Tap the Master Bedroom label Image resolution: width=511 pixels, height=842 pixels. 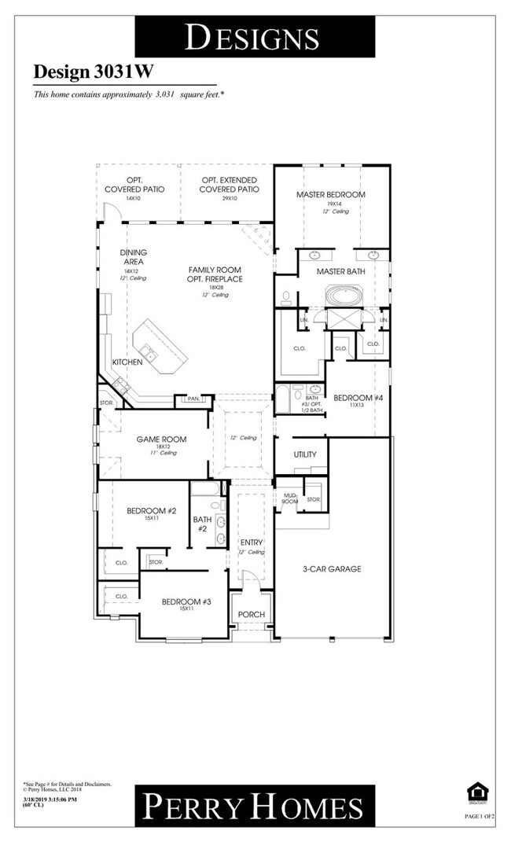point(330,194)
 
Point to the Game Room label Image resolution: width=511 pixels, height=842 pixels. point(161,439)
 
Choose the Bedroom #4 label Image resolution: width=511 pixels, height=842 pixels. point(358,398)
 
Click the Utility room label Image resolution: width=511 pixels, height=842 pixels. point(305,454)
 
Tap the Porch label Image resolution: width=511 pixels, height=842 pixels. point(251,614)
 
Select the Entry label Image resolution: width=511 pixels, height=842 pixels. point(252,542)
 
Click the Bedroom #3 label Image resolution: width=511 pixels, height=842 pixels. point(186,602)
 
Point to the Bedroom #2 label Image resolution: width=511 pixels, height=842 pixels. point(152,511)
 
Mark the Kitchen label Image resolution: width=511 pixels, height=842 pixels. point(127,362)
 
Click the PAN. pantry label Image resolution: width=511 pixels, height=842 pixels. point(193,399)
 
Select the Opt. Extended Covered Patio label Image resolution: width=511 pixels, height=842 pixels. point(228,185)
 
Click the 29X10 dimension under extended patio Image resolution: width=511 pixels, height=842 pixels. point(228,199)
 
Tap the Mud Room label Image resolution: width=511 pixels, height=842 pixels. point(289,498)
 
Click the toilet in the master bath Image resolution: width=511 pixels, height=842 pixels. point(286,298)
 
